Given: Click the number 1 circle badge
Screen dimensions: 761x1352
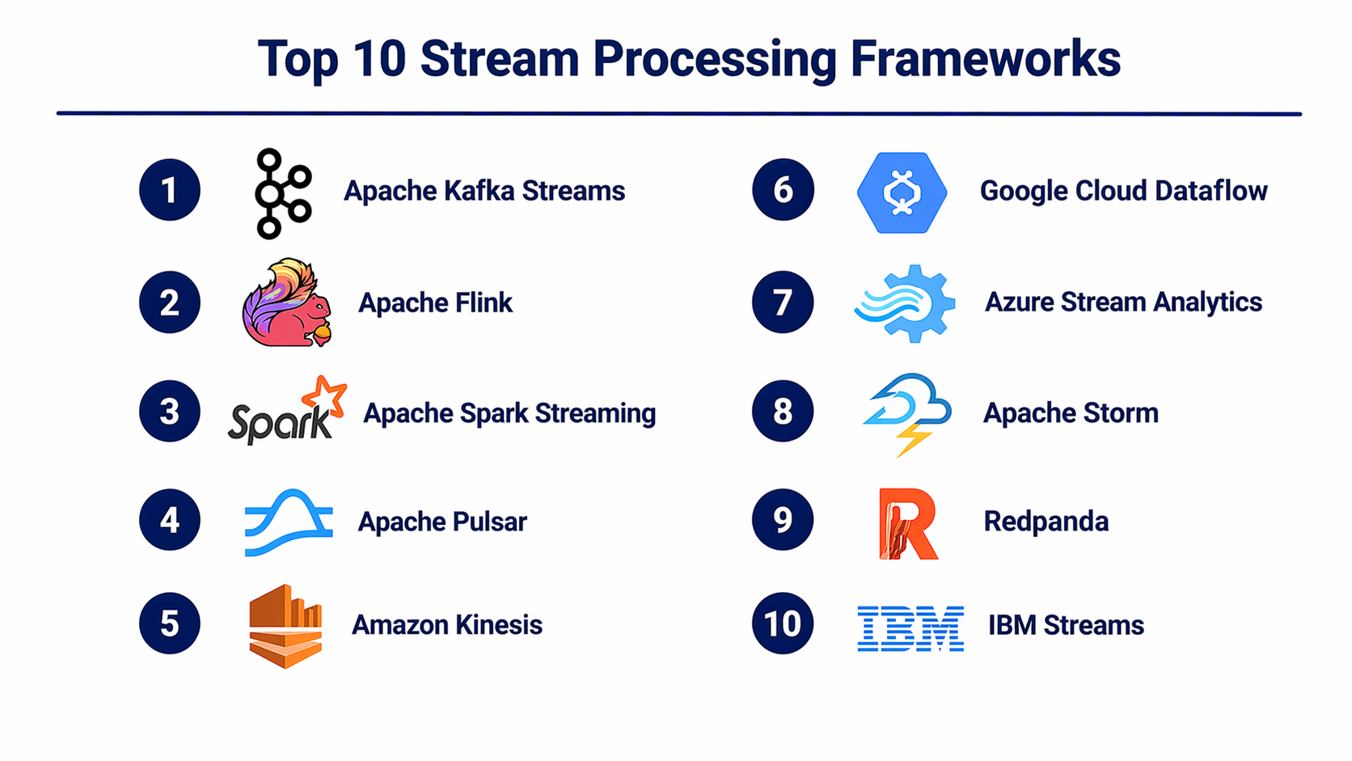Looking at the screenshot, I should point(170,190).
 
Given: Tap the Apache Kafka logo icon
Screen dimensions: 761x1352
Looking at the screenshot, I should point(282,193).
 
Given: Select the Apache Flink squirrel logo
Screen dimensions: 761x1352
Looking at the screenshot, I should point(287,303).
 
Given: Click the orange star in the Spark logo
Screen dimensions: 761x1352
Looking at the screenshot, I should point(325,395).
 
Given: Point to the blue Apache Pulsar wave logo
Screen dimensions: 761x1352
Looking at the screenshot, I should point(289,522).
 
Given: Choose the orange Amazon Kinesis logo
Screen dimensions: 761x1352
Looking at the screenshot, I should point(285,625).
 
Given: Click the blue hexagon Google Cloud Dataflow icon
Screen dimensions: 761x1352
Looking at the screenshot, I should point(902,192).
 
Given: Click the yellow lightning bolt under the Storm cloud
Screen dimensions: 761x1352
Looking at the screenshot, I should point(913,440).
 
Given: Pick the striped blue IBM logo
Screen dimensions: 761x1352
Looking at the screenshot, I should point(910,628).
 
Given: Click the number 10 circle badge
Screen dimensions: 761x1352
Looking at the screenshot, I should point(783,624).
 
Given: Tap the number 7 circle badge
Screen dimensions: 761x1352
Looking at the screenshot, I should point(783,302).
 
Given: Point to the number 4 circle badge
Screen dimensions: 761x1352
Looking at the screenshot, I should point(170,520).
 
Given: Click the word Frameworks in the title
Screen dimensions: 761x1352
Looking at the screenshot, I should point(985,59).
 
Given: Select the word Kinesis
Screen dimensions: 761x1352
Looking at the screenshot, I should point(498,625).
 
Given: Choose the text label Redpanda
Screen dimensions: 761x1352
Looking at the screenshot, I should point(1046,522).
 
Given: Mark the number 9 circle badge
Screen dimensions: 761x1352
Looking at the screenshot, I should point(783,520).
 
